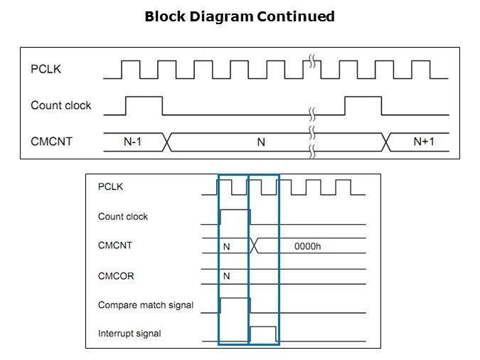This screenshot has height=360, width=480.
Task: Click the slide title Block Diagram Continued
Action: pos(240,16)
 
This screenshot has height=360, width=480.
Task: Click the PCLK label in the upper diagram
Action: pos(45,69)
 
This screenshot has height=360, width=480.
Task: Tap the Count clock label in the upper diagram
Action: pos(61,105)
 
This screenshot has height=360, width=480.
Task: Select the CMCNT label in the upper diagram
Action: pos(51,142)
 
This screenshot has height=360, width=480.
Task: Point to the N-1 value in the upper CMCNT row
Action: pos(133,142)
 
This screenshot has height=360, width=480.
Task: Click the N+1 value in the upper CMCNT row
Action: pos(424,142)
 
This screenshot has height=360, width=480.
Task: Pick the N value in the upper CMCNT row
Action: pos(260,142)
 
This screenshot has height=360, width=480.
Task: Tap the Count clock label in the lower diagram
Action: pos(123,216)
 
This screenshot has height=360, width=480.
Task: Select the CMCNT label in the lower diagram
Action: pos(114,245)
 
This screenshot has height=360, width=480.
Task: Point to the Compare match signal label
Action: pos(146,305)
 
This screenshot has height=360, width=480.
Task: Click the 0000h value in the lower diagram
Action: pos(309,246)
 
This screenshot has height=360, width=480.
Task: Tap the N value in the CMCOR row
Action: pos(227,275)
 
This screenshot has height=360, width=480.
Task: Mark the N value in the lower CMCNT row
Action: pos(227,246)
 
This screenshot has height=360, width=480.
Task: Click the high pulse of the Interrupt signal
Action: pos(264,334)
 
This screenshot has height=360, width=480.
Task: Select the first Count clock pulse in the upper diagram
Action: pos(144,105)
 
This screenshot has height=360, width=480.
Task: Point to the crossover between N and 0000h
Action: pos(256,246)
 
